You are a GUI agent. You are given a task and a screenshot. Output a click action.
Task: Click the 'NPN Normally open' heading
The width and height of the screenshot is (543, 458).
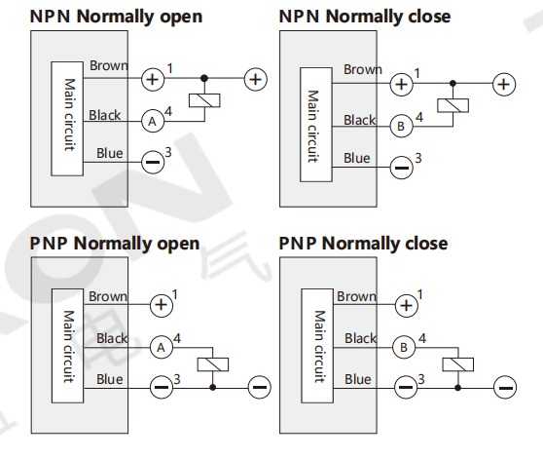click(116, 17)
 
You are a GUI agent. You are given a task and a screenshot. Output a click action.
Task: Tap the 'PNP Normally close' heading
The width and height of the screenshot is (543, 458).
click(363, 244)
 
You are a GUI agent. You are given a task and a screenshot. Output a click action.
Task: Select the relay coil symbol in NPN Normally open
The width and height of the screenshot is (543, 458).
click(204, 100)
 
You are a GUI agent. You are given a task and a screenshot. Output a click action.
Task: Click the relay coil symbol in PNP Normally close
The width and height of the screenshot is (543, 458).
click(457, 364)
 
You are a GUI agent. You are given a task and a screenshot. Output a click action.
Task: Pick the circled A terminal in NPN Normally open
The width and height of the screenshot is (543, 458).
click(153, 122)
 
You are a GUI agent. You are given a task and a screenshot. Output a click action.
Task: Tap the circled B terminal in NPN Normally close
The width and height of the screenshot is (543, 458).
click(401, 127)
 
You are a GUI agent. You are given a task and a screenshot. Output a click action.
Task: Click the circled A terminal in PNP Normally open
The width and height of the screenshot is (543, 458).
click(161, 348)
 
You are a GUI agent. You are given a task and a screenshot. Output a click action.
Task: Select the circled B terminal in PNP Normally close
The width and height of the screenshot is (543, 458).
click(404, 348)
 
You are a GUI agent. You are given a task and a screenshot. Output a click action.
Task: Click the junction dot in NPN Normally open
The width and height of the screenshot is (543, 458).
click(204, 78)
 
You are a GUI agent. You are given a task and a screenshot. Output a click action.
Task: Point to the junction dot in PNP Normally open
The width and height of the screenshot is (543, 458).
click(213, 387)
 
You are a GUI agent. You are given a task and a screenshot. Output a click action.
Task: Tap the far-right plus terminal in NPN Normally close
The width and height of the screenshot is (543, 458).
click(504, 84)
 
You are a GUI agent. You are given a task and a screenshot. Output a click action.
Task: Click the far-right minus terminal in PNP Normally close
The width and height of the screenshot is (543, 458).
click(505, 387)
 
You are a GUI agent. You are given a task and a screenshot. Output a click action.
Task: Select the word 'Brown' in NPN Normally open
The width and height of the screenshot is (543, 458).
click(109, 65)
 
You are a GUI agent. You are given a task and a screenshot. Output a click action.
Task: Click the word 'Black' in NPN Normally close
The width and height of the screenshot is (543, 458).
click(360, 120)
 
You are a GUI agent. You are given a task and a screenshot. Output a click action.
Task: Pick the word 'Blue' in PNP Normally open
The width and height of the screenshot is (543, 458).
click(110, 379)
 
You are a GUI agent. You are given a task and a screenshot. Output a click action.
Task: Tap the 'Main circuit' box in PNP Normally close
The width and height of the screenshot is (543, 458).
click(317, 346)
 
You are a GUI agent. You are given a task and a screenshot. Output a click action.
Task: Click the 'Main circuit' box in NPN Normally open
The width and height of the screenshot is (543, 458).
click(67, 119)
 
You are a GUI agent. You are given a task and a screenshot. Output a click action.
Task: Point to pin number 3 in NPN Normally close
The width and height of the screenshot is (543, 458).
click(418, 158)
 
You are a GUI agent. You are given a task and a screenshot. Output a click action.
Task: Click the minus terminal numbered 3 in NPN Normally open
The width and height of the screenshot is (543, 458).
click(153, 162)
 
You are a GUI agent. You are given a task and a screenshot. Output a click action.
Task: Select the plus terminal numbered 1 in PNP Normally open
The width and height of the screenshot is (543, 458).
click(161, 305)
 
